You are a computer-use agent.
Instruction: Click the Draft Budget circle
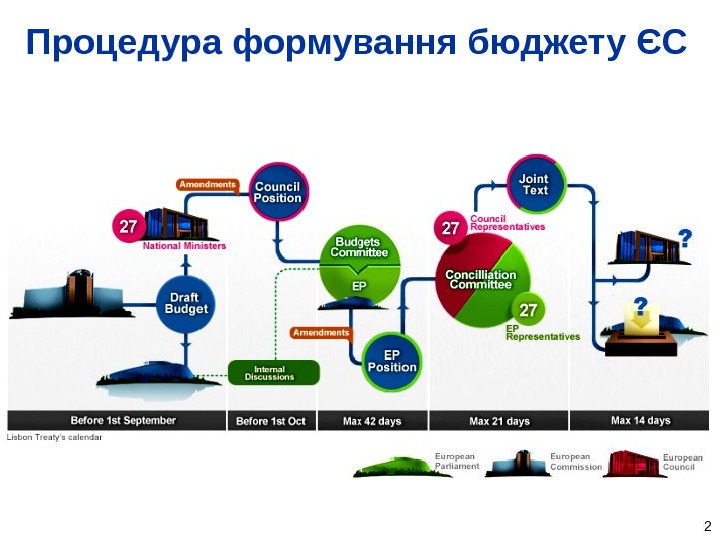tap(187, 304)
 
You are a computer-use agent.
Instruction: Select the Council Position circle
tap(277, 192)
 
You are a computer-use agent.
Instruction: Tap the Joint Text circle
tap(536, 184)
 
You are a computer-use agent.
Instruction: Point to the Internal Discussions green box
tap(273, 373)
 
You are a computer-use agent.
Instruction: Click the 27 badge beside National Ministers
tap(127, 227)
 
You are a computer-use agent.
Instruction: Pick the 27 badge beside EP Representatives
tap(529, 310)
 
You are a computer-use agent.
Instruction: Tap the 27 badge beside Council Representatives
tap(450, 228)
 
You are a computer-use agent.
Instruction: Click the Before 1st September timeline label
tap(122, 421)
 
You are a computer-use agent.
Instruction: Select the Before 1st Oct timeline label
tap(271, 421)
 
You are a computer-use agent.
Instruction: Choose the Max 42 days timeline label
tap(371, 421)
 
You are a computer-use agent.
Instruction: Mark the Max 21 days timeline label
tap(499, 421)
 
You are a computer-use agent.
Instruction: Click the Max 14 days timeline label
tap(640, 421)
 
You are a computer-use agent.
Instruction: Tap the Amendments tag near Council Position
tap(207, 184)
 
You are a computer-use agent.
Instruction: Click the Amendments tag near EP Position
tap(321, 332)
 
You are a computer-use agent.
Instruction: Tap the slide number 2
tap(707, 527)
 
